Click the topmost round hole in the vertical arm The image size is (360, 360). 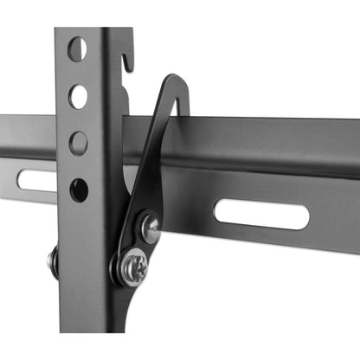coord(77,48)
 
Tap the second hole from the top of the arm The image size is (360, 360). coord(78,96)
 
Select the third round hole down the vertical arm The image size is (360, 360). coord(78,143)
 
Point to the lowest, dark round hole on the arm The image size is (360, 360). coord(79,190)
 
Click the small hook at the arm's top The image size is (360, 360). coord(127,58)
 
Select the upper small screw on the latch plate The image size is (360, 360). coord(150,228)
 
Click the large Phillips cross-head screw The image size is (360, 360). coord(134,267)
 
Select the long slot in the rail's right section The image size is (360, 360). coord(261,215)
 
